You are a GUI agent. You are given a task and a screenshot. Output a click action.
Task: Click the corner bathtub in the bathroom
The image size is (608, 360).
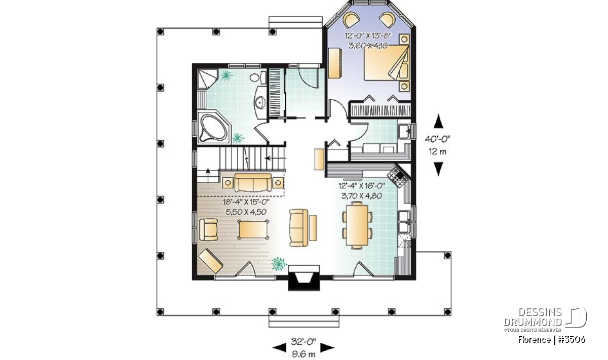coord(214,129)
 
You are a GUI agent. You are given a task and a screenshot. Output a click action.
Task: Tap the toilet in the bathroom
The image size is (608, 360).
coord(258,77)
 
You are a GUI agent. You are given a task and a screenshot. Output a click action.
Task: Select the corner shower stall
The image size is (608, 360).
coord(207,79)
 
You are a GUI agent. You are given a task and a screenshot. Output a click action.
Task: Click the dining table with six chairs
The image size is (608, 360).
coord(357,225)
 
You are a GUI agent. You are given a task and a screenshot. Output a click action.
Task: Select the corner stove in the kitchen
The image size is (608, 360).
coord(398,176)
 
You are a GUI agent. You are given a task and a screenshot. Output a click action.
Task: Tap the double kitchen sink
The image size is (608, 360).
coord(404,221)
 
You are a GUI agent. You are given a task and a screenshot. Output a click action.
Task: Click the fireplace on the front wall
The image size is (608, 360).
coord(303,278)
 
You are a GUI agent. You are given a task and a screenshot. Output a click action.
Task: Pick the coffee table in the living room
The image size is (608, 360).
coord(253,229)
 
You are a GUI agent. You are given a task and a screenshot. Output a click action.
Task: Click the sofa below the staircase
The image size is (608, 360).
coord(253,183)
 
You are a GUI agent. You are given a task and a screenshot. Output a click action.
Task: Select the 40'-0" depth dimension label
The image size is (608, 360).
coord(437,139)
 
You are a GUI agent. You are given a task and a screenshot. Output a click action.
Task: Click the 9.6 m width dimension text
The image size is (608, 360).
coord(303,354)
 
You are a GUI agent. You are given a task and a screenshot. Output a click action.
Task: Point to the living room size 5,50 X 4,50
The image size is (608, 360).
coord(246,212)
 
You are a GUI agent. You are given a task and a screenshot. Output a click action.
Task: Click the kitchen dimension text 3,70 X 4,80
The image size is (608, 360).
coord(362,196)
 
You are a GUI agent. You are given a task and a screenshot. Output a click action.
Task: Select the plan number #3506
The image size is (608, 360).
coord(572,340)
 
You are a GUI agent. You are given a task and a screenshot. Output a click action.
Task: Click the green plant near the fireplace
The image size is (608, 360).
coord(279,264)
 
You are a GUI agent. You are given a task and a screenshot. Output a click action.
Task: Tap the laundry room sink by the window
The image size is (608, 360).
coord(404,132)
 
